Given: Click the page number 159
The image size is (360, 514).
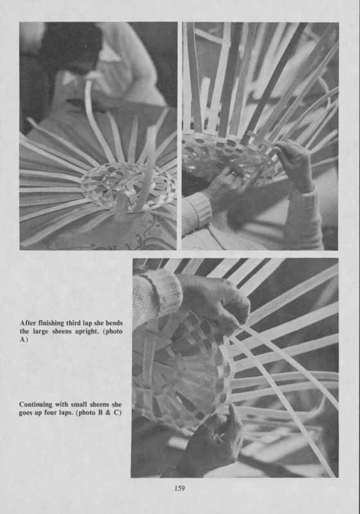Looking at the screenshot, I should click(179, 489).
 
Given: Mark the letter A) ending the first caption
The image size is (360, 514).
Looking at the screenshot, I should click(24, 341).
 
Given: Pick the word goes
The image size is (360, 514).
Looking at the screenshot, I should click(28, 413).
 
